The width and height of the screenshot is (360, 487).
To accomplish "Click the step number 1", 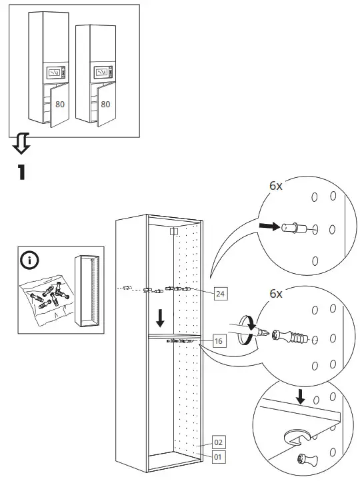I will pos(21,171).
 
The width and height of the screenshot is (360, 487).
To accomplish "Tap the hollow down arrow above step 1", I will pos(21,142).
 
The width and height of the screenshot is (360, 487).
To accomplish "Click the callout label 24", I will pos(221,292).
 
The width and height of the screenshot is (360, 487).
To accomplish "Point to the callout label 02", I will pos(218,442).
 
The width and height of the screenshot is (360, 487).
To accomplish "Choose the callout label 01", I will pos(218,457).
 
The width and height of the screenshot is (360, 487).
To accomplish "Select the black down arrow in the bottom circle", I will pos(301,396).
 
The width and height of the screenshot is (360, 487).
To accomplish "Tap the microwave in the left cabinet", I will pos(55,72).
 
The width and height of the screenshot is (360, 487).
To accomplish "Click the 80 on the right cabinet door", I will pos(105,104).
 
